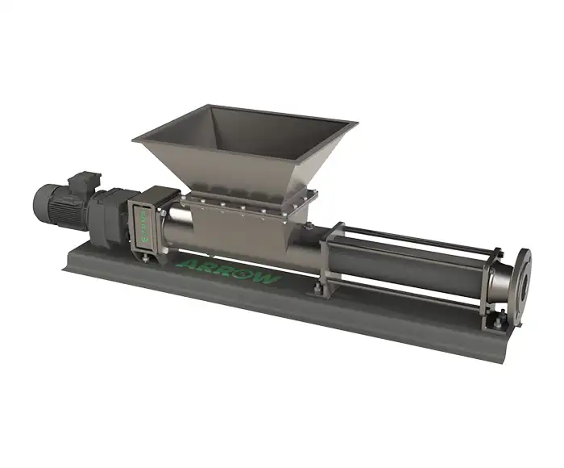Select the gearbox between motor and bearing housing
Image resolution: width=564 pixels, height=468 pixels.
pyautogui.click(x=109, y=211)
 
